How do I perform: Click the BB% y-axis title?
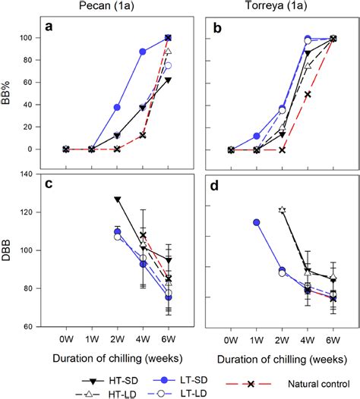[x=10, y=93]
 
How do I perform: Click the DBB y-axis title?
[x=10, y=250]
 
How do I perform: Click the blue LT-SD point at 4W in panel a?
[x=142, y=52]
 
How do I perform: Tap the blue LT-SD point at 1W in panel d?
[x=257, y=222]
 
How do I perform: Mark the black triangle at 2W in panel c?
[x=117, y=199]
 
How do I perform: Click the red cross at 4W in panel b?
[x=308, y=94]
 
